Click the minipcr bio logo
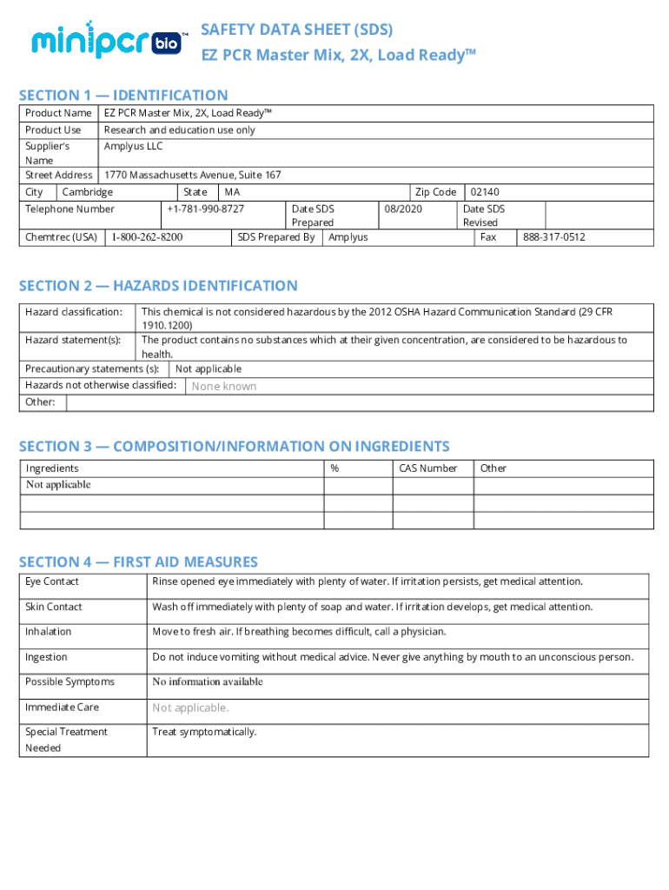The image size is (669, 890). click(x=107, y=41)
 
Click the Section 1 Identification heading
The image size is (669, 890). click(x=123, y=96)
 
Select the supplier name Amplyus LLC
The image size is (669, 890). click(x=133, y=146)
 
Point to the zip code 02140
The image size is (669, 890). click(x=485, y=192)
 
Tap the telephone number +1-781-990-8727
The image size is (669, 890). click(x=206, y=209)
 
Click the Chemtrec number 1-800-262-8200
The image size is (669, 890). click(x=146, y=236)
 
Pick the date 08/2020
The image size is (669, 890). click(x=402, y=209)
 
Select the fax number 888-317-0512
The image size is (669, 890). click(x=553, y=236)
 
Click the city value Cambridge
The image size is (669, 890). click(x=87, y=192)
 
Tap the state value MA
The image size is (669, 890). click(x=232, y=192)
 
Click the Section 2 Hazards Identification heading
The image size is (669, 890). click(x=158, y=286)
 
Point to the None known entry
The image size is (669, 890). click(x=224, y=386)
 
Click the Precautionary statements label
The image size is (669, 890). click(x=92, y=369)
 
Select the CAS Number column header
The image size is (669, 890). click(x=427, y=468)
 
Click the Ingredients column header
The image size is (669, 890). click(x=52, y=468)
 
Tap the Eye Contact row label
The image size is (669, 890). click(x=52, y=581)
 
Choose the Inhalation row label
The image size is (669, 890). click(x=49, y=632)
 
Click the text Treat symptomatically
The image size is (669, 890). click(x=204, y=732)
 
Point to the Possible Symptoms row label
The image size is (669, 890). click(x=70, y=682)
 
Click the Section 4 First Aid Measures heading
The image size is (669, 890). click(x=138, y=562)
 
